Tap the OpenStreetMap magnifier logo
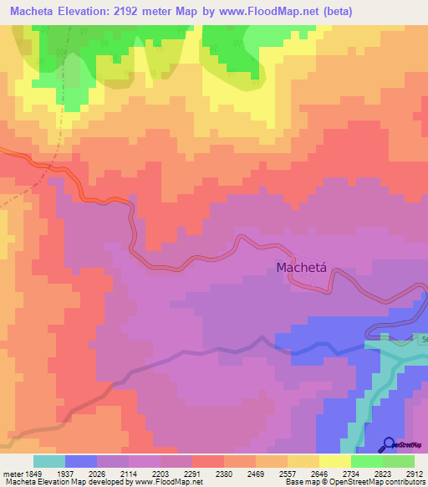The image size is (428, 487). [x=390, y=444]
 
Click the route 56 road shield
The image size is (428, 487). [x=421, y=339]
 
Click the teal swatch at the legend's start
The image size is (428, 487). [x=48, y=461]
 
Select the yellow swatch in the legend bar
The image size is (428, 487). [x=334, y=461]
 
